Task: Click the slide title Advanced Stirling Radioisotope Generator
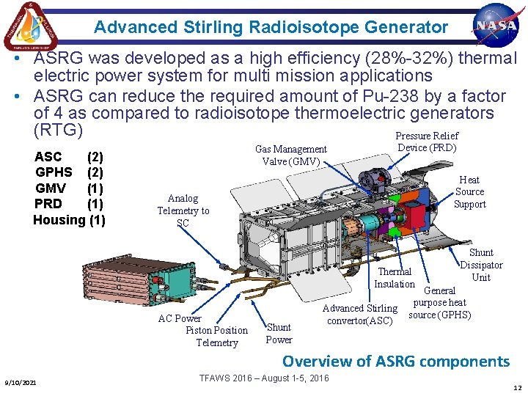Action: coord(271,28)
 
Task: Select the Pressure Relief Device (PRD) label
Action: coord(427,142)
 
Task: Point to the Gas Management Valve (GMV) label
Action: coord(291,155)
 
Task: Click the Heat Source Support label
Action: coord(469,191)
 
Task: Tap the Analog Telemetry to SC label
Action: coord(183,210)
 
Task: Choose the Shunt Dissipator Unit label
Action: coord(481,265)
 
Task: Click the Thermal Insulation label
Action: coord(395,278)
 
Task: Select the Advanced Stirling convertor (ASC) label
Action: coord(360,315)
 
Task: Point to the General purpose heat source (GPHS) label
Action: coord(439,303)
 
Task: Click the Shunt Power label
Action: coord(279,334)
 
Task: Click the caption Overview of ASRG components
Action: coord(395,361)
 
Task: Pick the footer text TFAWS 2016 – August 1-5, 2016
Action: coord(264,378)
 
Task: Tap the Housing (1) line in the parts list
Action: coord(69,220)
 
